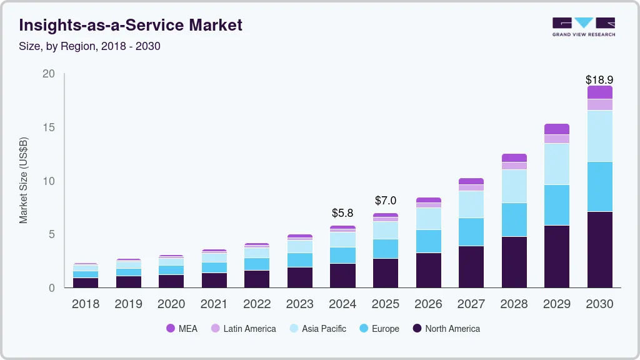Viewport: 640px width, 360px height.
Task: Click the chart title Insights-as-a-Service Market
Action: (x=131, y=25)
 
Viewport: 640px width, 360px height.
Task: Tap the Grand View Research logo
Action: (x=583, y=27)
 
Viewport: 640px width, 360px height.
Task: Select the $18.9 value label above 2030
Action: (x=599, y=80)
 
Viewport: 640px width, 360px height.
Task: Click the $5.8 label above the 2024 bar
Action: (x=342, y=213)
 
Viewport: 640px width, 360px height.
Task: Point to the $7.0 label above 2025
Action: (x=386, y=201)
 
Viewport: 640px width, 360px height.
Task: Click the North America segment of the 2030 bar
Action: (x=599, y=249)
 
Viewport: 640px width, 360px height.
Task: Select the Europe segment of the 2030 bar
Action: (x=599, y=186)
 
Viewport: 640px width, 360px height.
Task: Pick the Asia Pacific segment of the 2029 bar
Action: (x=557, y=164)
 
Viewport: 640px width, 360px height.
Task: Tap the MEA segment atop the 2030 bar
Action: (x=599, y=92)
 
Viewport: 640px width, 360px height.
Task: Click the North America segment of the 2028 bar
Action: (x=514, y=262)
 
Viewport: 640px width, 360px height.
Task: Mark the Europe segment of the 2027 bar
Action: (x=471, y=232)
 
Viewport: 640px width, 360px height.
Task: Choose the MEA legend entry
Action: (x=181, y=329)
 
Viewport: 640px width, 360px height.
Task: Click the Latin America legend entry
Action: (x=243, y=329)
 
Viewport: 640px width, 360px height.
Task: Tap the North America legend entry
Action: (x=446, y=329)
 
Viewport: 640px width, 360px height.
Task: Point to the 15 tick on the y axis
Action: (x=48, y=127)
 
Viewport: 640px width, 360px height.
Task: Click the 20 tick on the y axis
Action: (x=48, y=74)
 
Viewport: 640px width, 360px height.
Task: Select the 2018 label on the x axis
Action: (x=85, y=304)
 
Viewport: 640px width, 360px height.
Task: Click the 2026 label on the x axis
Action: (x=428, y=304)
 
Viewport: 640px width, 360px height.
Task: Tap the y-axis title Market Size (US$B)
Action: (x=24, y=180)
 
